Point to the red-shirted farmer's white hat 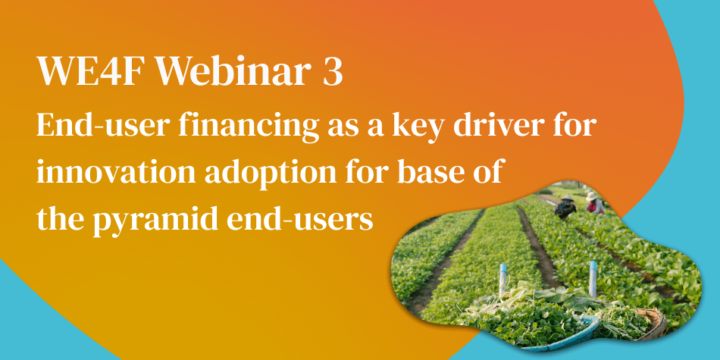(x=592, y=196)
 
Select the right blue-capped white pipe (x=593, y=274)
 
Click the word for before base (x=380, y=173)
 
